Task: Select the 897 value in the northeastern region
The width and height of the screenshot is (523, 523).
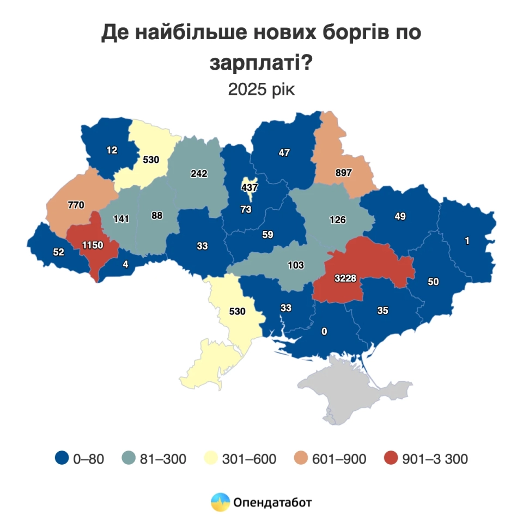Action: point(344,173)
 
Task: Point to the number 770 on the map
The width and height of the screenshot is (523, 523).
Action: point(75,206)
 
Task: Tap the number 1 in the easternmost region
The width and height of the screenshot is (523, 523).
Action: point(467,240)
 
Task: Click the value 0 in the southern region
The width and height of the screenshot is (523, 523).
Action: point(324,331)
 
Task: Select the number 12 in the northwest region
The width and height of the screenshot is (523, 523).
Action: point(112,150)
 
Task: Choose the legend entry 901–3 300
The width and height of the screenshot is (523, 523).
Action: point(435,459)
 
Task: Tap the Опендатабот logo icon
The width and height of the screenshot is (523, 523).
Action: point(221,502)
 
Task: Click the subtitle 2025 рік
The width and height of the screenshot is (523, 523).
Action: point(261,89)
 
